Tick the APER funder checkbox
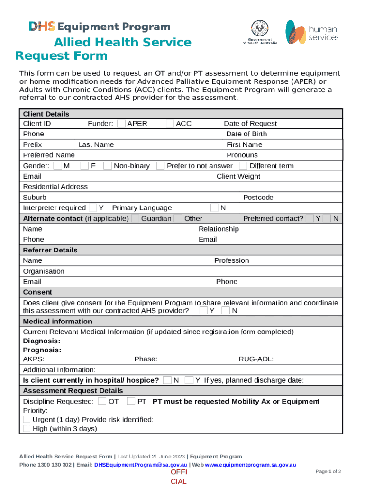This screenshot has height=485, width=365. click(121, 124)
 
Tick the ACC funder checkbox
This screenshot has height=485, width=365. click(170, 124)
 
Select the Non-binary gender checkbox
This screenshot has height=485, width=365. click(108, 166)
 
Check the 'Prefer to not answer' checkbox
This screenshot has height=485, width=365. click(160, 166)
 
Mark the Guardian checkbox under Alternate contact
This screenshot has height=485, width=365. click(135, 218)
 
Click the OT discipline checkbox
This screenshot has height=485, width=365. click(102, 402)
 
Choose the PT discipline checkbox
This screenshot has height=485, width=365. click(131, 402)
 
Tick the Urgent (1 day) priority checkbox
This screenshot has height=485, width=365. click(27, 420)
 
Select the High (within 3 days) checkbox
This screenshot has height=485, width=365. click(27, 429)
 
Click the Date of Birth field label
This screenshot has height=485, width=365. click(246, 134)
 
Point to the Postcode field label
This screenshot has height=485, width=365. click(258, 198)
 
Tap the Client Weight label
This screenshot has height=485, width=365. click(238, 176)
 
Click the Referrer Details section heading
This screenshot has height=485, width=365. click(50, 250)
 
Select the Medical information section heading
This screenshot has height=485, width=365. click(55, 322)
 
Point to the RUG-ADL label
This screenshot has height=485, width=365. click(255, 359)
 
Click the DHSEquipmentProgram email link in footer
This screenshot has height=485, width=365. click(141, 465)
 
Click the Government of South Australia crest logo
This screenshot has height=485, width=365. click(260, 32)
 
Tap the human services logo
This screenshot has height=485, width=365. click(311, 32)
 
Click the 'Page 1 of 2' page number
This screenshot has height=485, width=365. click(328, 472)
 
